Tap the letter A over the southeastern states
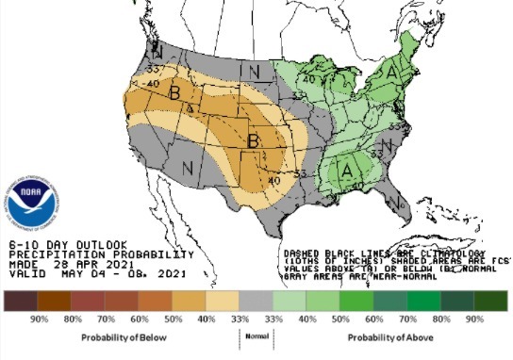[x=347, y=170]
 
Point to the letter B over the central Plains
[x=253, y=140]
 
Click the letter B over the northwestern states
[x=174, y=93]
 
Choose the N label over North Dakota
[x=253, y=70]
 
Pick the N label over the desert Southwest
[x=188, y=169]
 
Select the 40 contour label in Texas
[x=274, y=180]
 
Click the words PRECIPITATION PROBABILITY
[x=100, y=254]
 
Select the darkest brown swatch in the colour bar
[x=18, y=301]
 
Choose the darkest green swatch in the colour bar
[x=491, y=301]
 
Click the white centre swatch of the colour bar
[x=256, y=301]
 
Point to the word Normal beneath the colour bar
[x=256, y=334]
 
